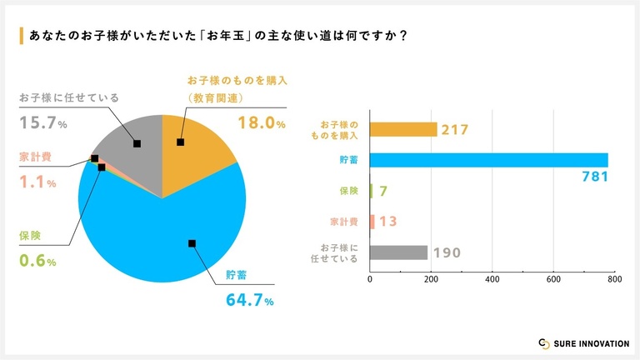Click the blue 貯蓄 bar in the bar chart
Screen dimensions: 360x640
pyautogui.click(x=487, y=160)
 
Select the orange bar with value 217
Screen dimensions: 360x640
pyautogui.click(x=402, y=129)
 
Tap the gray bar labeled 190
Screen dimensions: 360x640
pyautogui.click(x=398, y=252)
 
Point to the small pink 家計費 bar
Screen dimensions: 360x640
pyautogui.click(x=372, y=222)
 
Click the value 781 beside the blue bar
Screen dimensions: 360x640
pyautogui.click(x=595, y=177)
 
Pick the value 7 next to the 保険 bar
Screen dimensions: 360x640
pyautogui.click(x=382, y=192)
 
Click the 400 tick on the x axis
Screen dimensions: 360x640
pyautogui.click(x=492, y=281)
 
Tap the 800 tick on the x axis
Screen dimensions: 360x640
pyautogui.click(x=613, y=281)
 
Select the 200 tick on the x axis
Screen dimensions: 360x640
pyautogui.click(x=431, y=281)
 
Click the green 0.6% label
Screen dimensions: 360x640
pyautogui.click(x=37, y=262)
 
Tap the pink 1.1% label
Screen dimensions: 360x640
pyautogui.click(x=37, y=182)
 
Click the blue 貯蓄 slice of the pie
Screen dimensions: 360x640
pyautogui.click(x=167, y=242)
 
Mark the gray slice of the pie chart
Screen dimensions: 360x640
pyautogui.click(x=129, y=150)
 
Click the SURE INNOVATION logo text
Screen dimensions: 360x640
pyautogui.click(x=587, y=342)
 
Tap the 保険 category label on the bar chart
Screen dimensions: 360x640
pyautogui.click(x=348, y=191)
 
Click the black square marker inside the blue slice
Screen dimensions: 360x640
pyautogui.click(x=192, y=243)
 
